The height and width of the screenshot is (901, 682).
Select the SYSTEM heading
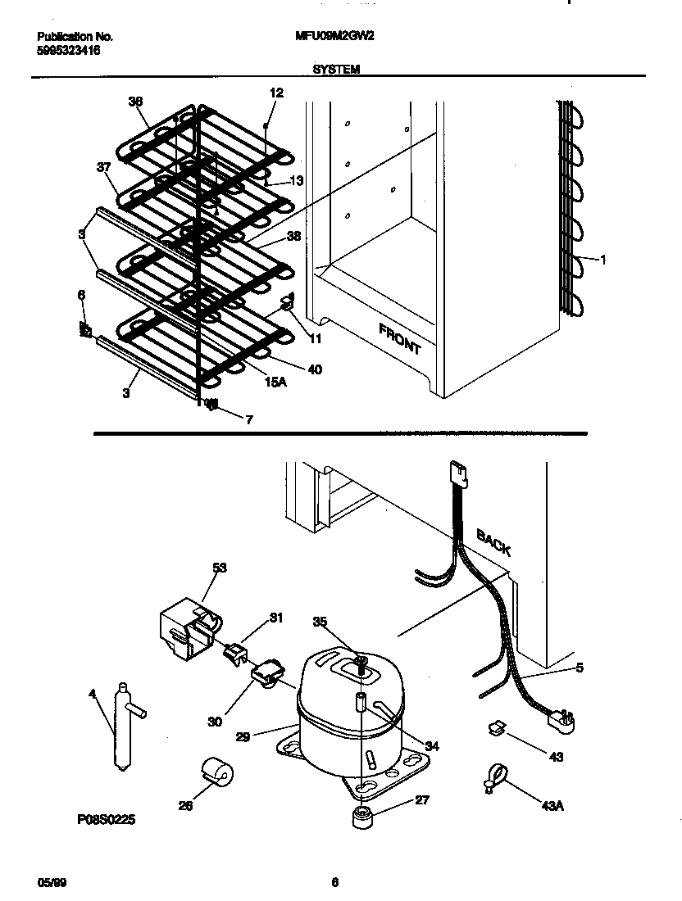pyautogui.click(x=336, y=70)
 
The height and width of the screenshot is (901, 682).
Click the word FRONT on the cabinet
pyautogui.click(x=401, y=338)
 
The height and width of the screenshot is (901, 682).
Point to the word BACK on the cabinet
pyautogui.click(x=493, y=542)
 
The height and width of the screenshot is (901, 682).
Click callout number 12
pyautogui.click(x=276, y=93)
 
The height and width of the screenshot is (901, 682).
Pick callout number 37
pyautogui.click(x=103, y=167)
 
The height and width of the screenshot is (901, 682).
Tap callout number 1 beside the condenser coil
pyautogui.click(x=602, y=260)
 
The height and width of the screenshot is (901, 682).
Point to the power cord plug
pyautogui.click(x=562, y=721)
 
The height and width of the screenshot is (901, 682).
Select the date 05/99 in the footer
pyautogui.click(x=49, y=882)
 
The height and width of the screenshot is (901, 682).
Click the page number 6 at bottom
pyautogui.click(x=334, y=882)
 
